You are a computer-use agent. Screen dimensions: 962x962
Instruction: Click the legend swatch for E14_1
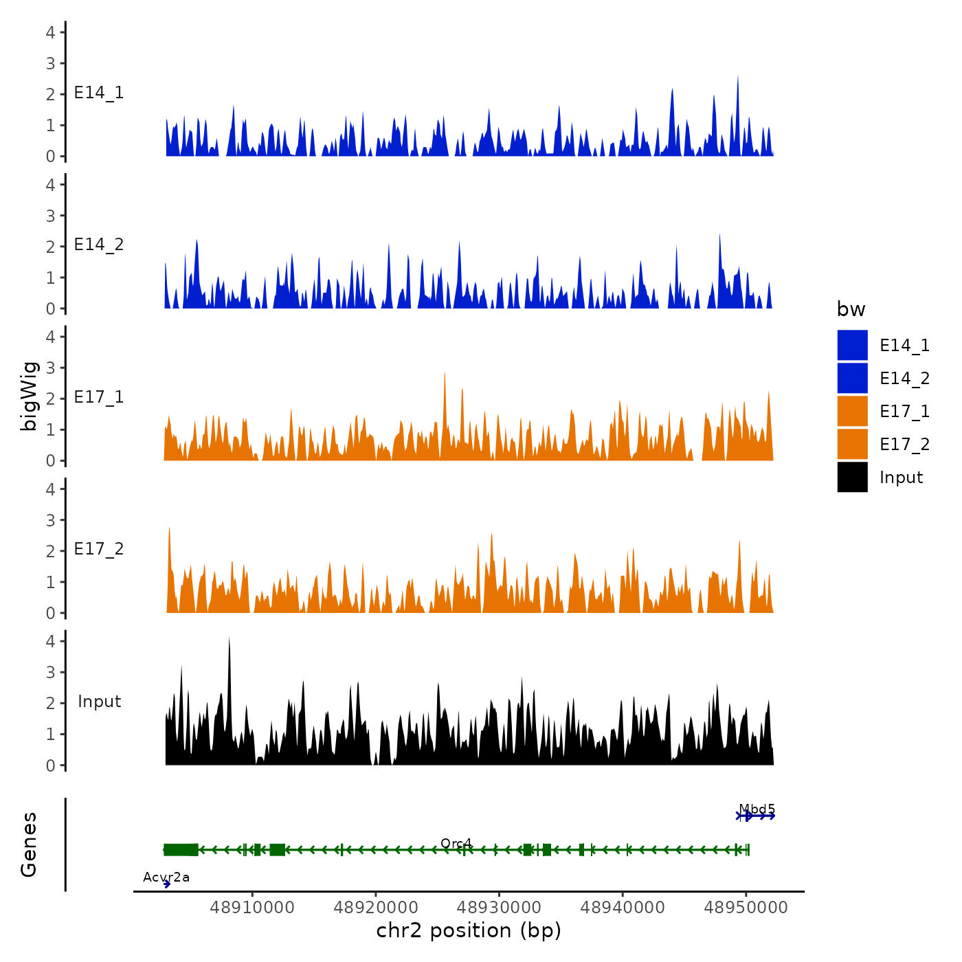tap(852, 345)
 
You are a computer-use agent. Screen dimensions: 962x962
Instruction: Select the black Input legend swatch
tap(852, 477)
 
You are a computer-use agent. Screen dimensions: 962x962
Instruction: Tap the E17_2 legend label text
tap(904, 445)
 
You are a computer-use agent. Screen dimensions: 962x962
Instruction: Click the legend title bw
tap(851, 309)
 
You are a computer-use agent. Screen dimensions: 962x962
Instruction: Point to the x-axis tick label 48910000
tap(252, 908)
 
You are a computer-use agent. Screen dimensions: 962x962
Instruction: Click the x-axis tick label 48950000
tap(746, 908)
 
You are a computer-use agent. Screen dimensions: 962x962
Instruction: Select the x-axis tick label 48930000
tap(499, 908)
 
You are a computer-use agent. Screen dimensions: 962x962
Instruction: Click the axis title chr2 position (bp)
tap(469, 930)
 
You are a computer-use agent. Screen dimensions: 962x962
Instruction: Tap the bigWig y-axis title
tap(29, 396)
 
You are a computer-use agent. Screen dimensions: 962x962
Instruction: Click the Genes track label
tap(29, 844)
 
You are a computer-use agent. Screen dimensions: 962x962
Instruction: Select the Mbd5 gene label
tap(757, 809)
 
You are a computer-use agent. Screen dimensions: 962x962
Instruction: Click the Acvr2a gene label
tap(166, 877)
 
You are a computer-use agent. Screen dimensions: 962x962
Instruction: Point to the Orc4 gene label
tap(456, 843)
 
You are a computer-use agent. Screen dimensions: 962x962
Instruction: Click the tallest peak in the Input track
tap(229, 639)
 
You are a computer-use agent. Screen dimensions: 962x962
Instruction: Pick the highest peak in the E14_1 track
tap(737, 77)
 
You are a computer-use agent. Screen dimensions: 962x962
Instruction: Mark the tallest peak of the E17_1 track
tap(445, 374)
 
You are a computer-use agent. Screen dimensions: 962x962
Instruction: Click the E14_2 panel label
tap(99, 245)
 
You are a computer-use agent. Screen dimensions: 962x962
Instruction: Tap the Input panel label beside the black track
tap(99, 702)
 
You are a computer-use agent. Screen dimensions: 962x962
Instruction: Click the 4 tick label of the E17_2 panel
tap(51, 489)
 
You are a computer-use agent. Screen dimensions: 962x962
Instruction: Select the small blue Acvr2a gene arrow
tap(167, 884)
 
